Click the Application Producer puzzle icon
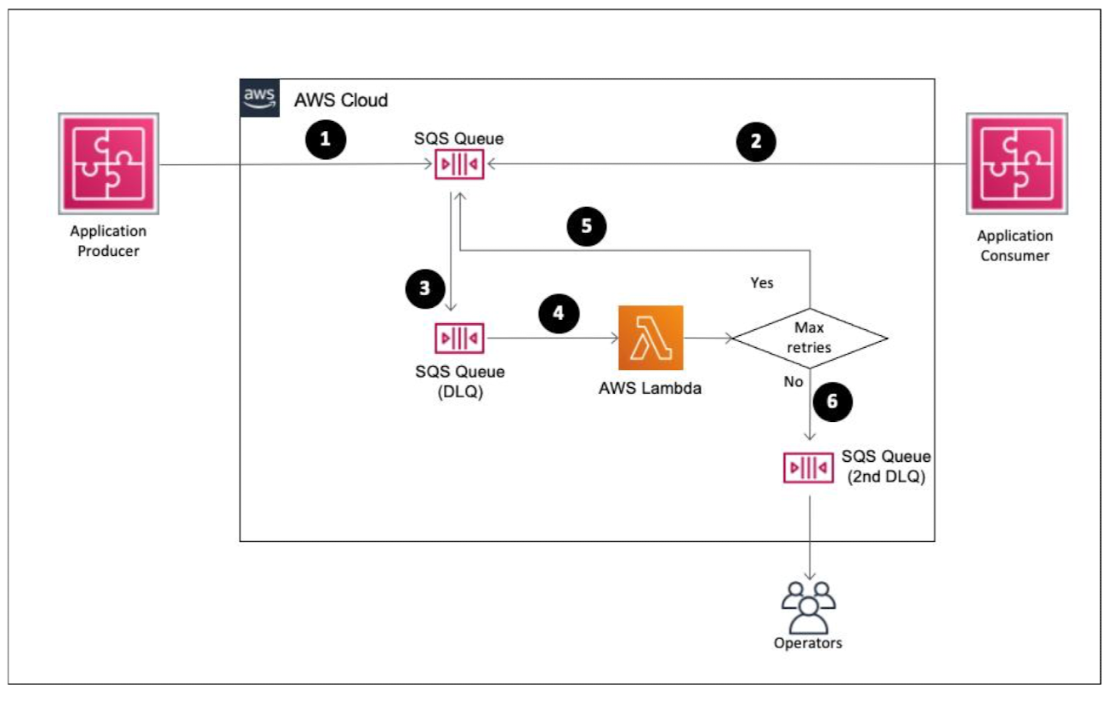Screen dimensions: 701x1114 (x=108, y=164)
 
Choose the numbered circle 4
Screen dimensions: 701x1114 (x=558, y=312)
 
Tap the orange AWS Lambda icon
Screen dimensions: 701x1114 (x=651, y=338)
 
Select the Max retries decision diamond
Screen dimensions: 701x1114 (x=810, y=338)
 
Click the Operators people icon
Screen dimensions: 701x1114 (x=807, y=606)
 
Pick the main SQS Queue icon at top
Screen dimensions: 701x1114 (x=460, y=164)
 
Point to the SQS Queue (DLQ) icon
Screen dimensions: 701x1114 (x=460, y=338)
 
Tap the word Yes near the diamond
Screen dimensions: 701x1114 (x=762, y=282)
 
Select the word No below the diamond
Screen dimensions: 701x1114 (x=793, y=382)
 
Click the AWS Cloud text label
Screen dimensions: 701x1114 (x=341, y=100)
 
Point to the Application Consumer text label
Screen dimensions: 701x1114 (x=1015, y=245)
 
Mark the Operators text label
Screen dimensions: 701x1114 (x=807, y=642)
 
